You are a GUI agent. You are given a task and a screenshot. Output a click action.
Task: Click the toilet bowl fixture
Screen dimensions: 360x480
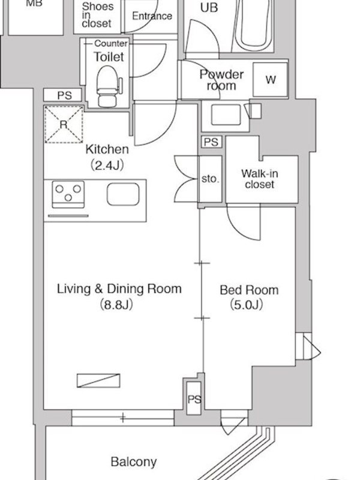pyautogui.click(x=107, y=86)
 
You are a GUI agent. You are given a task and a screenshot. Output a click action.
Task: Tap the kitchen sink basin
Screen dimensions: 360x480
pyautogui.click(x=123, y=194)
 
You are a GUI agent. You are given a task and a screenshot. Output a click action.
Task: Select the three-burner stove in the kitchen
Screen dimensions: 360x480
pyautogui.click(x=68, y=194)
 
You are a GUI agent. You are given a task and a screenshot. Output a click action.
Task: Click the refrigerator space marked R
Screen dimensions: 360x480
pyautogui.click(x=64, y=124)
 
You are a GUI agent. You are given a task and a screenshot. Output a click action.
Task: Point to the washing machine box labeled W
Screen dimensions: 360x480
pyautogui.click(x=271, y=80)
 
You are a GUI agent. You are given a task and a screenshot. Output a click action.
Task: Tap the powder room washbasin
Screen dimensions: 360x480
pyautogui.click(x=226, y=115)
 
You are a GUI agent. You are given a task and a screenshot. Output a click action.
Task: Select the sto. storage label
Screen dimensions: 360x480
pyautogui.click(x=211, y=179)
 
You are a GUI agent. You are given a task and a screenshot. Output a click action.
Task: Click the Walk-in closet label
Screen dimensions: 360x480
pyautogui.click(x=260, y=179)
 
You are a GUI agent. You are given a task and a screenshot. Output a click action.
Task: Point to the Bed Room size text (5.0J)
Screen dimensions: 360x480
pyautogui.click(x=246, y=305)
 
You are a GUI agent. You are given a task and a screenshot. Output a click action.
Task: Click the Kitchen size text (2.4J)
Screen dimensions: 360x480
pyautogui.click(x=107, y=166)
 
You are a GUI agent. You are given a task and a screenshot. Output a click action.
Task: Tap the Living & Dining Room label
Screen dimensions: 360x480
pyautogui.click(x=119, y=289)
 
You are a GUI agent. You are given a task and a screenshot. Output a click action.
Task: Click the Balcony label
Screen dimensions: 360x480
pyautogui.click(x=133, y=461)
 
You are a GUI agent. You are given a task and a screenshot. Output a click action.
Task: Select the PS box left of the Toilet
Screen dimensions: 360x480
pyautogui.click(x=62, y=95)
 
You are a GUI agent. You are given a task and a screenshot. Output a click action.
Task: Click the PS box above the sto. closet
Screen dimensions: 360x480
pyautogui.click(x=211, y=142)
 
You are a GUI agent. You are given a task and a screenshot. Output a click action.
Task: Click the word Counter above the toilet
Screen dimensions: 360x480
pyautogui.click(x=111, y=43)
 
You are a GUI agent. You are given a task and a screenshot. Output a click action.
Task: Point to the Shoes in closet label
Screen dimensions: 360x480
pyautogui.click(x=97, y=15)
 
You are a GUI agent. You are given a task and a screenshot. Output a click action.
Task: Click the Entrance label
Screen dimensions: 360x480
pyautogui.click(x=152, y=16)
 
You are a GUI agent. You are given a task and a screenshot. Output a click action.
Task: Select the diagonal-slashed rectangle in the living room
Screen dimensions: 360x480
pyautogui.click(x=98, y=380)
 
